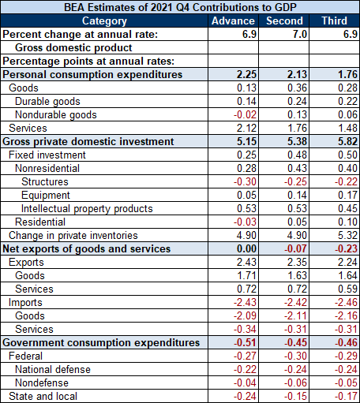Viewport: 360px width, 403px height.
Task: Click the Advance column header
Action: point(233,21)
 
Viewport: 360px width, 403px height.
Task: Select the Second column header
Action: point(284,21)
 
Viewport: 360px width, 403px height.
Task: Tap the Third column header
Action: point(335,21)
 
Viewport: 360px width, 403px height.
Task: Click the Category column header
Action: point(104,21)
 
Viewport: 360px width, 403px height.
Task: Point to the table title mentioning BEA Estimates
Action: point(180,7)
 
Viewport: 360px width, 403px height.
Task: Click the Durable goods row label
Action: point(47,102)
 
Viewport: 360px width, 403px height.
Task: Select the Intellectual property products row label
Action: point(87,209)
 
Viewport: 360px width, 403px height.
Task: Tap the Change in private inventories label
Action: point(73,236)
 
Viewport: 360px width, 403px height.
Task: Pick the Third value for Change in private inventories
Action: point(347,235)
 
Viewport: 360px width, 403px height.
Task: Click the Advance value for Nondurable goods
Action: point(245,114)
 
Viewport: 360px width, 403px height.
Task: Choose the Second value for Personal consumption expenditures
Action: point(297,74)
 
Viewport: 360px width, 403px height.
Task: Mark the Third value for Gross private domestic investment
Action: point(347,141)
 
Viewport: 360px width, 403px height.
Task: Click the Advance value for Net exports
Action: point(246,248)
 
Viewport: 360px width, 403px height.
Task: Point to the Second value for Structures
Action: point(295,181)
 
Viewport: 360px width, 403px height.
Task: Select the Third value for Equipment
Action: point(347,195)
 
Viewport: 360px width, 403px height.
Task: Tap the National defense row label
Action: point(53,370)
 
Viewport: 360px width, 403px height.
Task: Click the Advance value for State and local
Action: point(245,396)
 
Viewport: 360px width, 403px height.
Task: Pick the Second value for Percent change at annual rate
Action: point(300,34)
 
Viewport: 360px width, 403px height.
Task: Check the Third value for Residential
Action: point(347,222)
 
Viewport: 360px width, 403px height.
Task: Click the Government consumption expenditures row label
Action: point(101,343)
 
